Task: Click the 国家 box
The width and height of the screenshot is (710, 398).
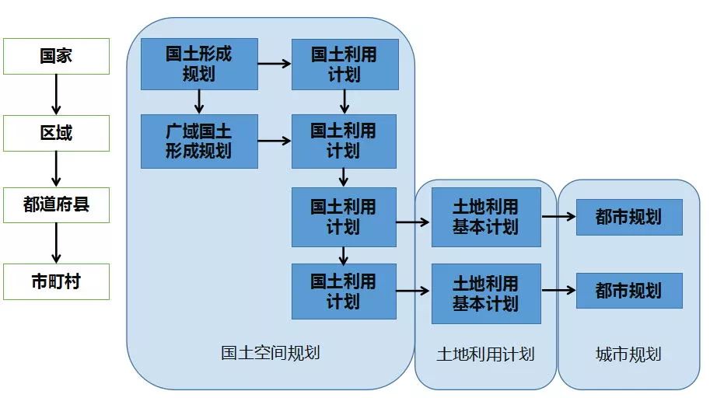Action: [56, 57]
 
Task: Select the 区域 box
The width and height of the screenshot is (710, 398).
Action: [56, 133]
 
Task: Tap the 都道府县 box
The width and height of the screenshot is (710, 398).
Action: [56, 204]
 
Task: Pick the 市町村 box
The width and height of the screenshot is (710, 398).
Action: [56, 281]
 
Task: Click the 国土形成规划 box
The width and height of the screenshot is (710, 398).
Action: [199, 64]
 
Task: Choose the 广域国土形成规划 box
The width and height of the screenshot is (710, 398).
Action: [199, 141]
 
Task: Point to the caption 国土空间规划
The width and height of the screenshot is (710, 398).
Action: [270, 353]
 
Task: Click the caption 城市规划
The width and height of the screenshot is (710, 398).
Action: [628, 354]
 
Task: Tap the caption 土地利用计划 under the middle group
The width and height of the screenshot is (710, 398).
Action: [485, 354]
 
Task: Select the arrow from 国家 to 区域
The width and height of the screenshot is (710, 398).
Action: [56, 95]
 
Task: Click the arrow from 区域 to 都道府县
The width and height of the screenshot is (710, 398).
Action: [56, 169]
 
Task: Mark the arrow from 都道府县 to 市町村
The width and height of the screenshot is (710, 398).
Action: [56, 243]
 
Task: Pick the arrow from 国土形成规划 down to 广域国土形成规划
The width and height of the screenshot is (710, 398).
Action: [199, 102]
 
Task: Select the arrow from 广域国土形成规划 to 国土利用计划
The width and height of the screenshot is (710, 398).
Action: [275, 141]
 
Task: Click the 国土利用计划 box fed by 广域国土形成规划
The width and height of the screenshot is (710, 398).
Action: [344, 141]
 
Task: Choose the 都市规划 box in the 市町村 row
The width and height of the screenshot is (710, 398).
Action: [629, 291]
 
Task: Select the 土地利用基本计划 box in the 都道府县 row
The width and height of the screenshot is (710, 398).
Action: [486, 217]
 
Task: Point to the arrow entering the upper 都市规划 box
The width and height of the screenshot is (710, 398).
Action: [558, 217]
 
